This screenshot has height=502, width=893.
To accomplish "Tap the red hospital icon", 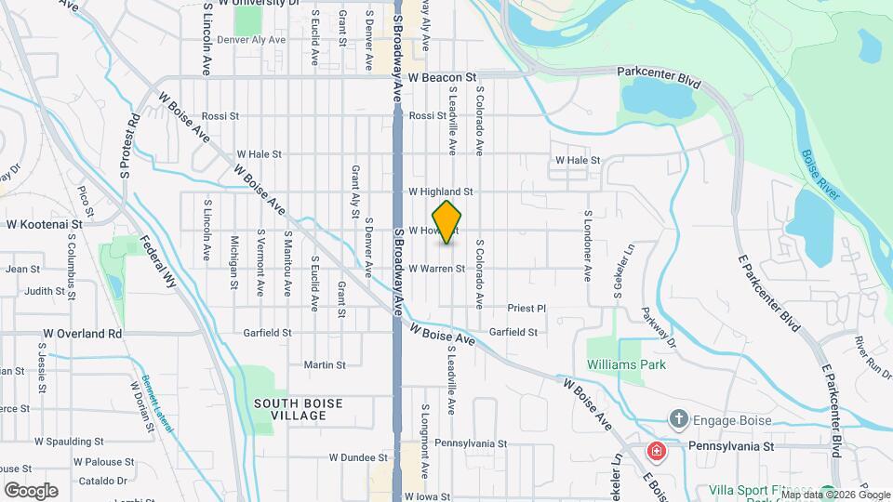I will pos(658,452).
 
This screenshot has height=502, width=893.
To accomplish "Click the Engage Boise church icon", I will pos(680,420).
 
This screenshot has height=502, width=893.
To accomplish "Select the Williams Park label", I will pos(626,364).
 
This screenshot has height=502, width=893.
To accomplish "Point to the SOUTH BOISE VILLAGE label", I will pos(298,409).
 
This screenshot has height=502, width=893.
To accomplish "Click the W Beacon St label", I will pos(442,77).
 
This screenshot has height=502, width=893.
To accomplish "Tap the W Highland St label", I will pos(441,192).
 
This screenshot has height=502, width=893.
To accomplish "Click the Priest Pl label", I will pos(526,308).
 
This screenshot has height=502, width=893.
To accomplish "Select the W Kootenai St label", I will pos(45,224).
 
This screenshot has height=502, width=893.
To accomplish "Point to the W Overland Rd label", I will pos(83,333).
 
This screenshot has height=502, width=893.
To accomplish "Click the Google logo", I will pos(31,491).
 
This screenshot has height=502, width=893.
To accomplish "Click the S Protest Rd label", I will pos(129,147).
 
